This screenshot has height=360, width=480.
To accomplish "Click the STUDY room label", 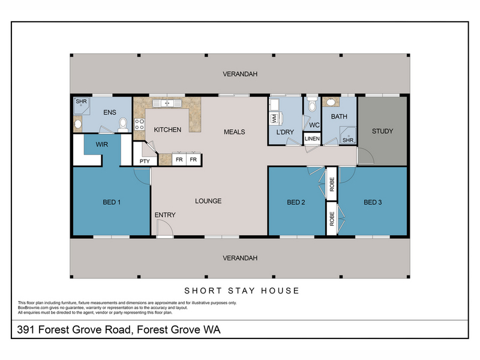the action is pos(382,131).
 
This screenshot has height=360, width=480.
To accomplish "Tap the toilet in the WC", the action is pos(312,104).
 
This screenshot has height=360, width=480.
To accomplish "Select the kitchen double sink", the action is pos(167,103).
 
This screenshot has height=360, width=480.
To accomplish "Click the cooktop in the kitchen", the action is pos(139,124).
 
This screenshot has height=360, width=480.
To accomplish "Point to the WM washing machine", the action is pos(275,118).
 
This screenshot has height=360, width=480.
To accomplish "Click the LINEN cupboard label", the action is pos(312,139).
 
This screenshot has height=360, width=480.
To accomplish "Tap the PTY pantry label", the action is pos(145,161).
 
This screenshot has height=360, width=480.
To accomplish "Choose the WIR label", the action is pos(101,145).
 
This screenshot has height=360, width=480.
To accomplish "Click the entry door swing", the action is pos(164,228).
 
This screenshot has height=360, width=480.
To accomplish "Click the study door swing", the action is pos(366,156).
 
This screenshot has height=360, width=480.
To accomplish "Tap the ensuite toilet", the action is pos(123,125).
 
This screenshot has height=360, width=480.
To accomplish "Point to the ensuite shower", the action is pos(82,106).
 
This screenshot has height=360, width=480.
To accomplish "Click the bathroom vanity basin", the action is pos(331,102).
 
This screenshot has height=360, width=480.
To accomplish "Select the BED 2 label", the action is pos(296,202).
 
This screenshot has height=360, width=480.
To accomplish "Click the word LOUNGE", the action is pos(208,201).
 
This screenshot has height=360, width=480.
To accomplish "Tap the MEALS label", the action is pos(234,132).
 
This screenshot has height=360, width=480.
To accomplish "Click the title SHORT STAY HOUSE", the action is pos(242,290).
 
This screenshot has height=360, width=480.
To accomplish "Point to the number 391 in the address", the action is pos(25,329).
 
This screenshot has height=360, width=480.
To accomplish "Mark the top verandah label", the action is pos(240,74).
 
